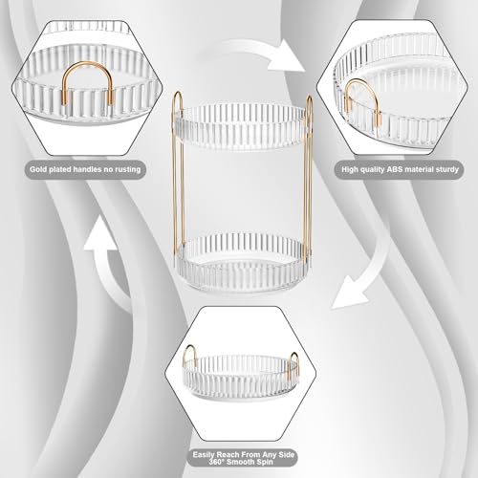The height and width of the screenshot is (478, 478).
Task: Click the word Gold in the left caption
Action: (37, 169)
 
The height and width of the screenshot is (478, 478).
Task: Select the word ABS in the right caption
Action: (395, 169)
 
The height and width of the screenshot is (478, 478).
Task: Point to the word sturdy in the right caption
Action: (445, 169)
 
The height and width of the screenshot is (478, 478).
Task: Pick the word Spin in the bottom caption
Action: (265, 462)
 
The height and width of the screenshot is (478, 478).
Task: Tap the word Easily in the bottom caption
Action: (205, 455)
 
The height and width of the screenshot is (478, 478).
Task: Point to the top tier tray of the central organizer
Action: (243, 127)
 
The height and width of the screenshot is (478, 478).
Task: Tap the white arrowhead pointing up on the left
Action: (100, 233)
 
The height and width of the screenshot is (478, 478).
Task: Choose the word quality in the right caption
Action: (373, 169)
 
